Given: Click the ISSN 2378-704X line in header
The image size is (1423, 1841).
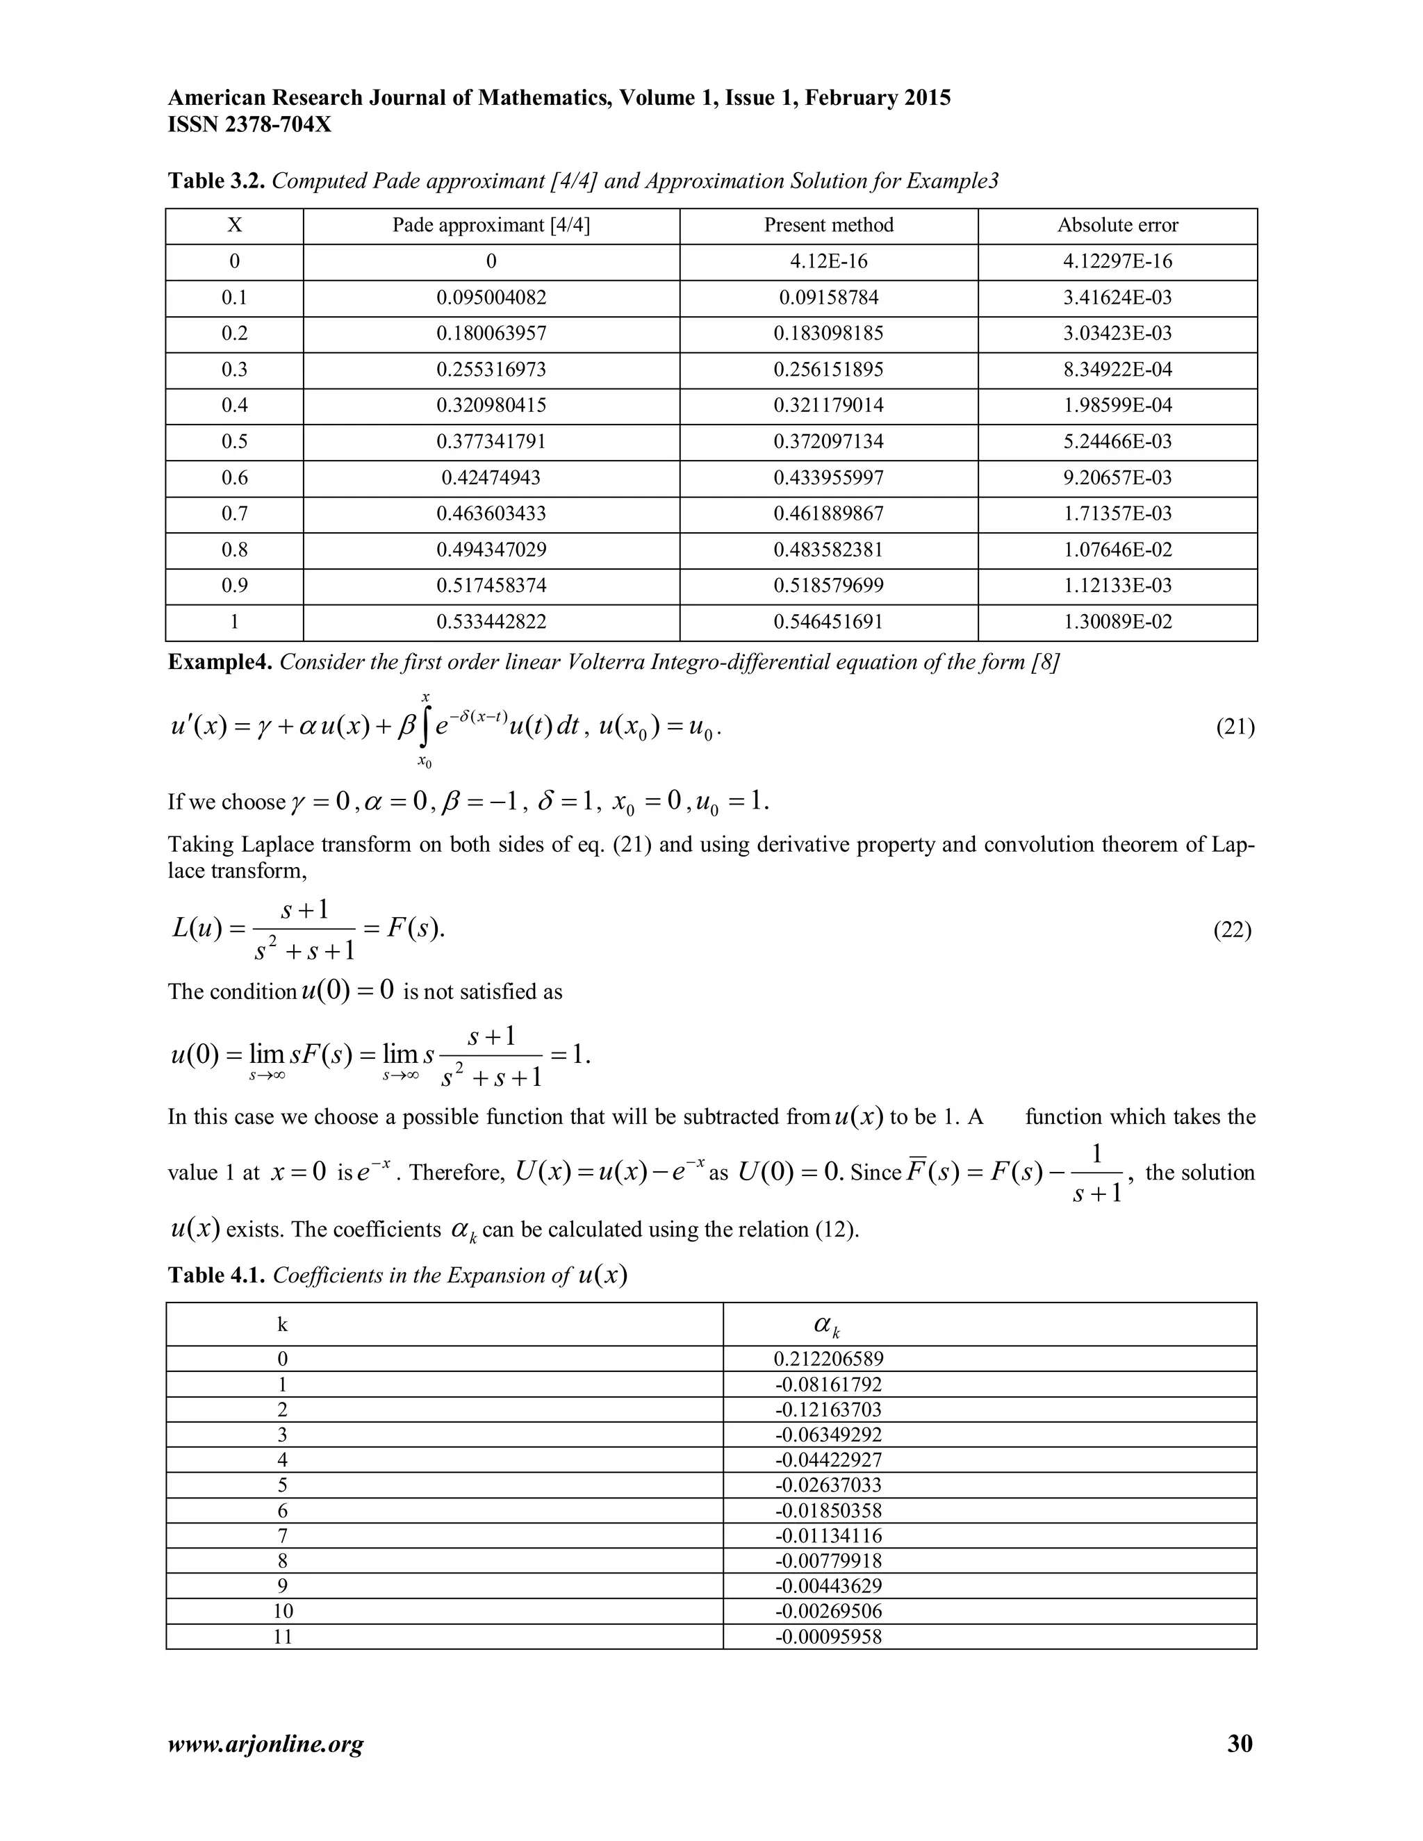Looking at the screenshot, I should pyautogui.click(x=249, y=125).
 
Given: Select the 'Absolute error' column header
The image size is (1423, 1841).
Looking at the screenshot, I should pyautogui.click(x=1117, y=225).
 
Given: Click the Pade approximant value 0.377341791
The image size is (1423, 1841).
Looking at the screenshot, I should pyautogui.click(x=491, y=442).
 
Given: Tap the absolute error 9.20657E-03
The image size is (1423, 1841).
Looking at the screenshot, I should pyautogui.click(x=1117, y=478).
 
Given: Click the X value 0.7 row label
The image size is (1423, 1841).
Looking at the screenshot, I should pyautogui.click(x=234, y=513).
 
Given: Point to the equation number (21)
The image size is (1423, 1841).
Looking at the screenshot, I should pyautogui.click(x=1234, y=727).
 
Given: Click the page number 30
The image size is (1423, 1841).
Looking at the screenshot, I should pyautogui.click(x=1240, y=1743).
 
